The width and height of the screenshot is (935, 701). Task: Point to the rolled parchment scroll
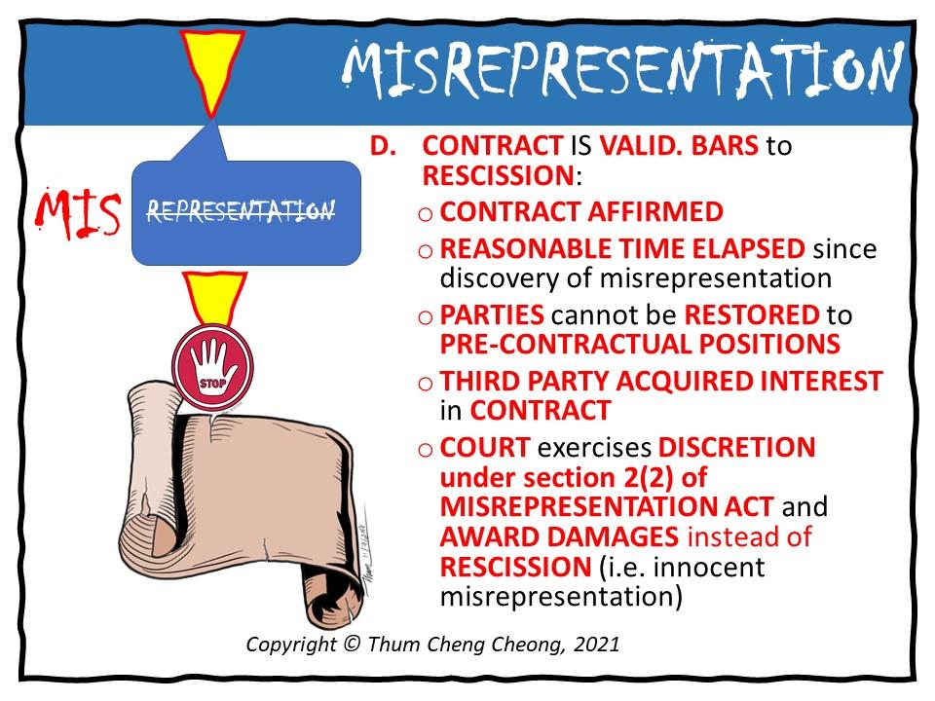point(239,497)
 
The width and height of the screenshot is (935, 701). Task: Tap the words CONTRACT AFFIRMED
point(581,212)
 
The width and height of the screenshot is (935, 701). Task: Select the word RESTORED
point(751,315)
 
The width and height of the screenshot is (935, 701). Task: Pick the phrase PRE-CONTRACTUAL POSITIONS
point(640,344)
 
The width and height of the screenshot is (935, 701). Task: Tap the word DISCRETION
point(737,449)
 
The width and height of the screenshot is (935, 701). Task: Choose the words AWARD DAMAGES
point(560,536)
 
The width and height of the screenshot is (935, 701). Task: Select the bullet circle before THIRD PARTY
point(426,383)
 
